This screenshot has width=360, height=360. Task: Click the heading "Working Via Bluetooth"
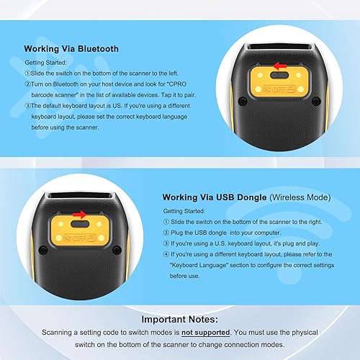71,50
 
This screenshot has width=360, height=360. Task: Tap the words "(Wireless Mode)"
295,197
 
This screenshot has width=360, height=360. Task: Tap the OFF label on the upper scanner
279,89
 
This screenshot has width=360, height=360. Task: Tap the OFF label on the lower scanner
81,235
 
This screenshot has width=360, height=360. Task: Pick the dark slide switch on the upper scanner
278,76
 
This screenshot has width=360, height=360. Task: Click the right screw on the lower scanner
116,249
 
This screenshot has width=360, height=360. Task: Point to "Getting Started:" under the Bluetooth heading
45,63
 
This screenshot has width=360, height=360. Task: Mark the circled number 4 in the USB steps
166,253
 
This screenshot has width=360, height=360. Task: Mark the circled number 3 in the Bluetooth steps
27,106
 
